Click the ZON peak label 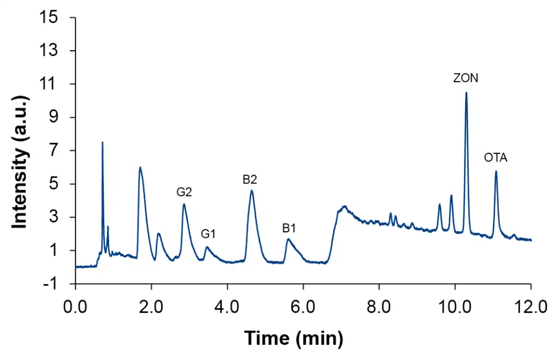[466, 78]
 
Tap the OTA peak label [496, 158]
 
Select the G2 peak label [184, 191]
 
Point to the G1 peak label [209, 234]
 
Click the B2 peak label [250, 178]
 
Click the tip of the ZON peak [466, 93]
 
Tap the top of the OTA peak [496, 171]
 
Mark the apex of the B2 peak [252, 190]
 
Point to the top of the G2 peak [185, 204]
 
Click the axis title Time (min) [294, 339]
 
